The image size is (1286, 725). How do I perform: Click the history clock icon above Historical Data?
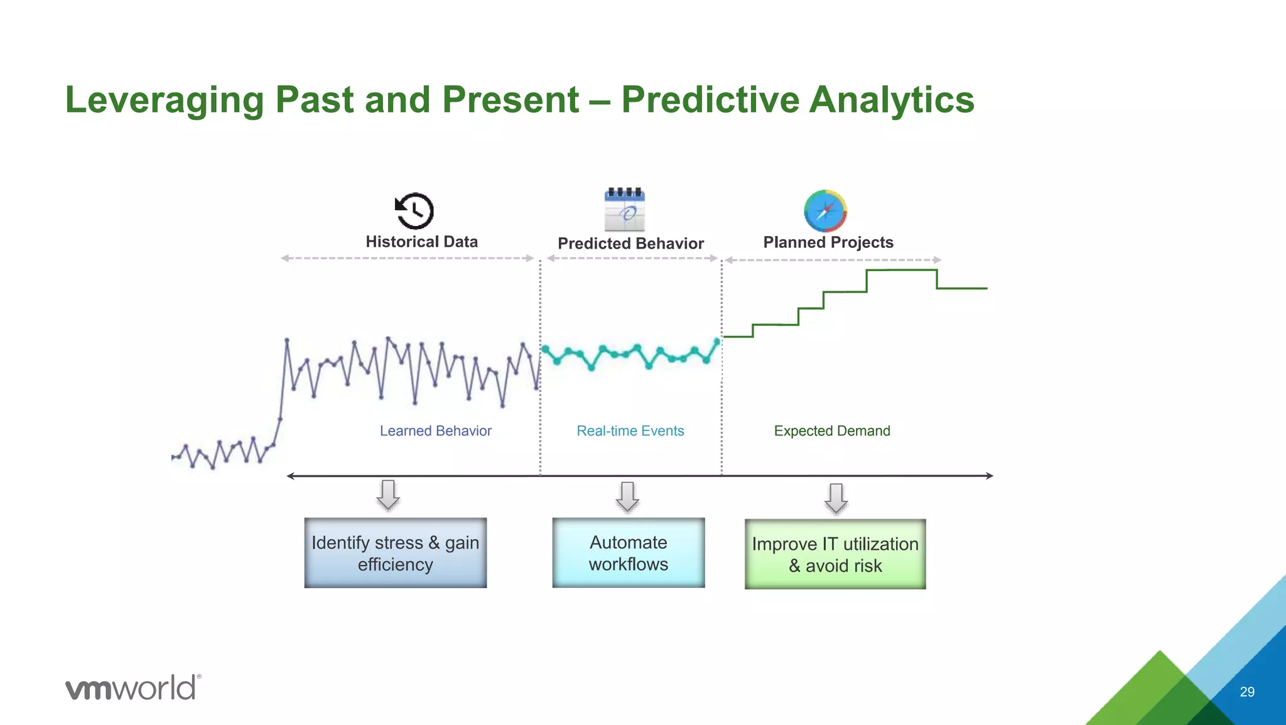(x=414, y=211)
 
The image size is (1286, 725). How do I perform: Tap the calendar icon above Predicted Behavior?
(x=625, y=210)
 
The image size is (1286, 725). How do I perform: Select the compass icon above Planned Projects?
(x=825, y=211)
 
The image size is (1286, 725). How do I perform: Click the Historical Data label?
(x=421, y=242)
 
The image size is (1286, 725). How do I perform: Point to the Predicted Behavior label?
(x=630, y=244)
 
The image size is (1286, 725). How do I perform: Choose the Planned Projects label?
(x=828, y=242)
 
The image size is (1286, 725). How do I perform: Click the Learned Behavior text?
(x=435, y=431)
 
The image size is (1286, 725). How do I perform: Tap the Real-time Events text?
(x=630, y=431)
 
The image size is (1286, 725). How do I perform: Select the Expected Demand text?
(x=831, y=431)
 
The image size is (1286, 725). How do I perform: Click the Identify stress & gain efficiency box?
(x=395, y=552)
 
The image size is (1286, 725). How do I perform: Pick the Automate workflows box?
(x=628, y=552)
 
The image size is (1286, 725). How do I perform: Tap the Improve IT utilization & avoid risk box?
(x=835, y=554)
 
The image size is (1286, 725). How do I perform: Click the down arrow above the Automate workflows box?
(x=627, y=497)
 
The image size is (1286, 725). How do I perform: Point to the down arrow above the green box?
(x=836, y=498)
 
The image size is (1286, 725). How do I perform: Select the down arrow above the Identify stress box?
(x=388, y=495)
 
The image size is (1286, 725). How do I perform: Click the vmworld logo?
(x=132, y=687)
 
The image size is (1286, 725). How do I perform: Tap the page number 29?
(x=1246, y=692)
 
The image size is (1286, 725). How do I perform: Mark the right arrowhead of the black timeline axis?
(x=989, y=476)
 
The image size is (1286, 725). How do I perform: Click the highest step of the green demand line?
(x=901, y=270)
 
